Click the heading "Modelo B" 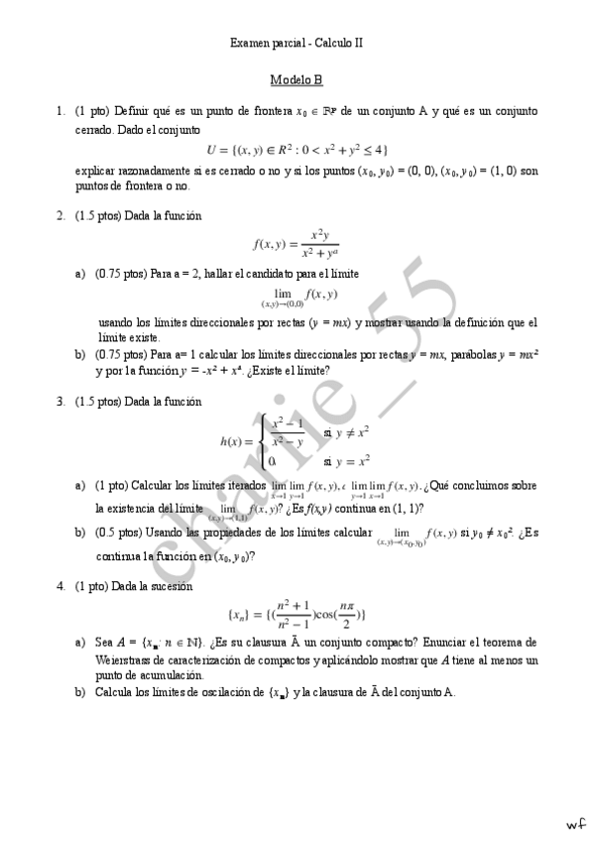(x=297, y=80)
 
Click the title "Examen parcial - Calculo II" (x=297, y=43)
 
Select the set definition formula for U (x=297, y=150)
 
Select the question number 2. (x=60, y=215)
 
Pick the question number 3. (x=60, y=402)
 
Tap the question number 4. (x=60, y=585)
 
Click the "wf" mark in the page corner (x=575, y=823)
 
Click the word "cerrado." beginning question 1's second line (x=96, y=129)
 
